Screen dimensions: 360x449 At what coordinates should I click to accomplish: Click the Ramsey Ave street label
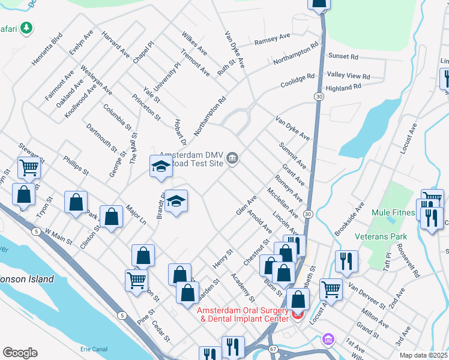tap(272, 37)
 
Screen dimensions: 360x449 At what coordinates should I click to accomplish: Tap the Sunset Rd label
tap(343, 56)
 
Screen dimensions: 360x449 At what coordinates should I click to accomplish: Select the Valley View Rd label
tap(348, 76)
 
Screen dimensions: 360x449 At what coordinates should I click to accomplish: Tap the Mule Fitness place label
tap(394, 212)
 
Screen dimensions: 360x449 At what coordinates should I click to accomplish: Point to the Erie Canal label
tap(95, 349)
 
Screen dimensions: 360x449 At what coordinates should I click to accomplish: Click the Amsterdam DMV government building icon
tap(233, 158)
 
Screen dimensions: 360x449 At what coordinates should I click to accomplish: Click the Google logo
tap(20, 352)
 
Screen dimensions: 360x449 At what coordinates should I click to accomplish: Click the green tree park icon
tap(26, 28)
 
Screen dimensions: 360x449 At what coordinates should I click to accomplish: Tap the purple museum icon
tap(327, 340)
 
